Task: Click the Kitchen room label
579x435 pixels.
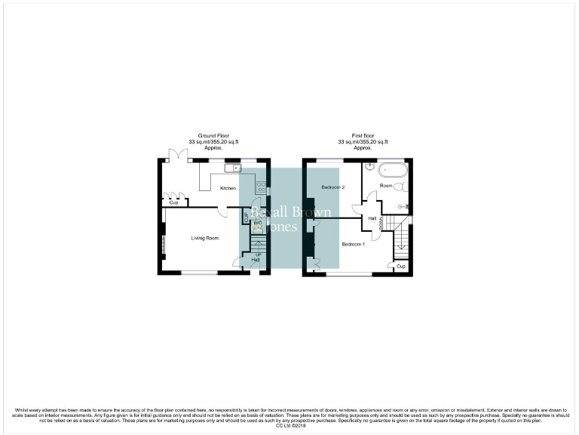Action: pos(228,188)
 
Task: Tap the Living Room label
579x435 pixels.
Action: pos(204,238)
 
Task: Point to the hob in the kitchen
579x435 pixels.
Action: pos(261,187)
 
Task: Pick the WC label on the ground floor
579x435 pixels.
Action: pos(257,223)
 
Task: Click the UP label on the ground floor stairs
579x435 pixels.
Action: pos(259,255)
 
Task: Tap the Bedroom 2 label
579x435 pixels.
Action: pos(332,187)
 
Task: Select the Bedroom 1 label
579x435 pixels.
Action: pos(353,244)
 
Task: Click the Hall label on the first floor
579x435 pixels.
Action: pos(372,218)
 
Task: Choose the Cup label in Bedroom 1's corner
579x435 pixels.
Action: pos(400,266)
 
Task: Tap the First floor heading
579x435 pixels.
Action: pos(363,135)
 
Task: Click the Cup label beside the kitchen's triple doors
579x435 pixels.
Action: pos(173,202)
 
